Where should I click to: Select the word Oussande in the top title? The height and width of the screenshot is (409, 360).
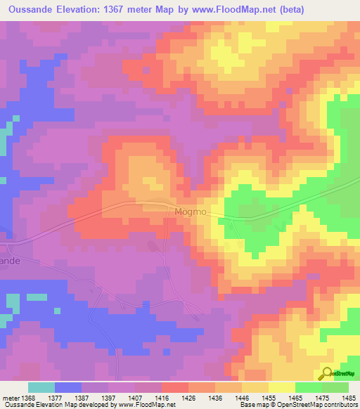tap(30, 9)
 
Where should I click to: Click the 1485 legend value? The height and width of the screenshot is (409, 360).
tap(347, 398)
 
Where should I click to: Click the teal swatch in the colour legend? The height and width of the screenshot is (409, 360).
tap(41, 387)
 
